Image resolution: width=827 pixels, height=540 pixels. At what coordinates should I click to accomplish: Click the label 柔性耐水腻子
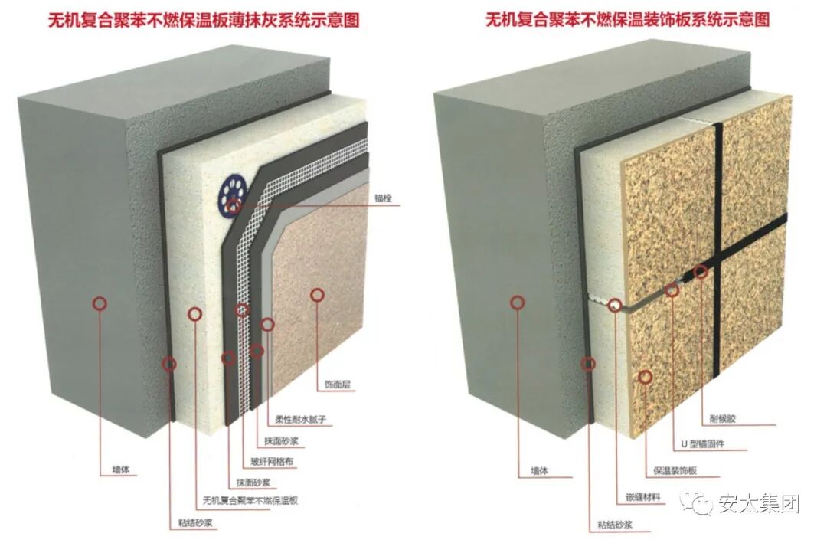pos(301,420)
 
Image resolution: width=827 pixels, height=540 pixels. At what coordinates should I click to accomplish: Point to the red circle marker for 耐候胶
pos(700,271)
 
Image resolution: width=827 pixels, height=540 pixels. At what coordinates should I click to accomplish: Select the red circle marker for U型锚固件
pos(672,290)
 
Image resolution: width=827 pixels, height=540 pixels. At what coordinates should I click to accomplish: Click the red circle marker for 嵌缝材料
pos(615,306)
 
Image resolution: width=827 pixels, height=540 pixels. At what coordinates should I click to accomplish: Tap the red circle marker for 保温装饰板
pos(646,376)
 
